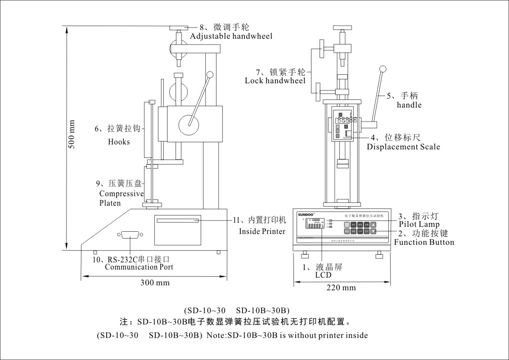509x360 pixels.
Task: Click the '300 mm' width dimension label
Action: (154, 283)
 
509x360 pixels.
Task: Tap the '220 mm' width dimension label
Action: (341, 288)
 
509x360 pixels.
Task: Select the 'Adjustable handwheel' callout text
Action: (231, 36)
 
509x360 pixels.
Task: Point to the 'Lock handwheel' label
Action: (275, 81)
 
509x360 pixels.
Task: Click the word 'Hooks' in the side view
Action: (119, 142)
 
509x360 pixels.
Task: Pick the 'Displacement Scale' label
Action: (403, 147)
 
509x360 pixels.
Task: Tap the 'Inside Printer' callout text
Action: (262, 231)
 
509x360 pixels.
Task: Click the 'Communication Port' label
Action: (139, 267)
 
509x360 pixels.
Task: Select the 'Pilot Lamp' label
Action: (419, 224)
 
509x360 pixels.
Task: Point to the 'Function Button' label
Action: (424, 242)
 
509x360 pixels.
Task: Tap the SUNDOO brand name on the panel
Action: (308, 215)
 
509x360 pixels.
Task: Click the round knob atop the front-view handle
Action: (383, 69)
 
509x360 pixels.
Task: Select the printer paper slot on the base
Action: (177, 220)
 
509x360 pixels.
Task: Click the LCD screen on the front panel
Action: (314, 224)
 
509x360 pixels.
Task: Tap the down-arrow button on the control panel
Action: (373, 231)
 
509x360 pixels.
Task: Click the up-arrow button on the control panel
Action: (373, 224)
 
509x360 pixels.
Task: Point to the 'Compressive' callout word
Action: (122, 193)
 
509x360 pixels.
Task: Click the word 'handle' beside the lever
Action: (409, 105)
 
